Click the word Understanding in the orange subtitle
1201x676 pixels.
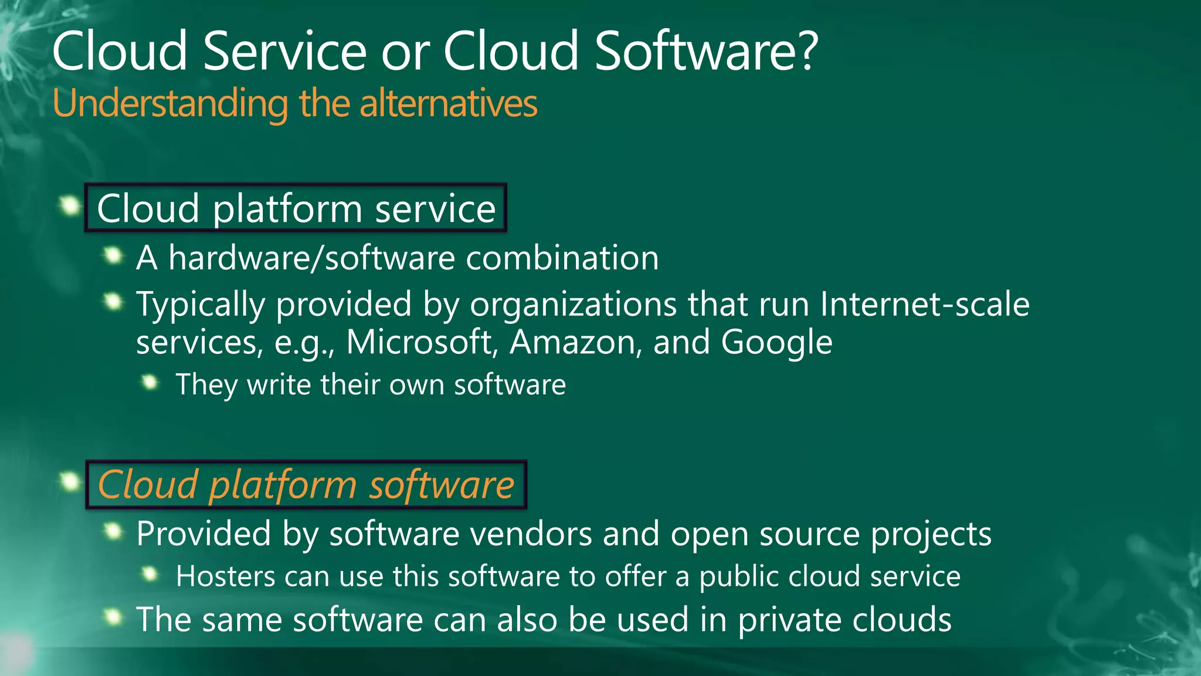pyautogui.click(x=170, y=103)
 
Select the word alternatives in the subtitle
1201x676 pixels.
pyautogui.click(x=448, y=103)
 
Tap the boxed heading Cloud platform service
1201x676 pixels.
pyautogui.click(x=296, y=208)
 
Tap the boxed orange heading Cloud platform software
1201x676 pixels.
pyautogui.click(x=306, y=485)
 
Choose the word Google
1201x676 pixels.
pyautogui.click(x=776, y=342)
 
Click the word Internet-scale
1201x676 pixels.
pyautogui.click(x=924, y=304)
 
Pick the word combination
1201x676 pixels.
pyautogui.click(x=562, y=258)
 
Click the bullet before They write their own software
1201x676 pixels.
pyautogui.click(x=151, y=383)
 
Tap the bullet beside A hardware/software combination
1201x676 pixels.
pyautogui.click(x=112, y=255)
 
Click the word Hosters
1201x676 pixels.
pyautogui.click(x=225, y=576)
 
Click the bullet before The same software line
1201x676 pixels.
pyautogui.click(x=112, y=617)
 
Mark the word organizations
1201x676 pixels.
pyautogui.click(x=573, y=305)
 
